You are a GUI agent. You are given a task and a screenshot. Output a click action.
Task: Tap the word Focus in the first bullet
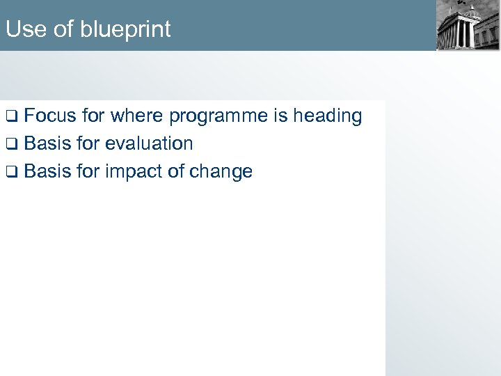(x=53, y=116)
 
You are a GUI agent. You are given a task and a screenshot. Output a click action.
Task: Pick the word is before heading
(x=280, y=116)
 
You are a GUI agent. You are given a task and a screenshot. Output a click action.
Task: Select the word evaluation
(x=149, y=143)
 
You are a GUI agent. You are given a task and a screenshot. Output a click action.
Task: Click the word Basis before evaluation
(x=47, y=143)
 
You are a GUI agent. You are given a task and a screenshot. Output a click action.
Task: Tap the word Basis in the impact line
(x=47, y=171)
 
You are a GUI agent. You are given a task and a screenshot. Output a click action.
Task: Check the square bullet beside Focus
(x=12, y=116)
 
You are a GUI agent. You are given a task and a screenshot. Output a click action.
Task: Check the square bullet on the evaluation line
(x=12, y=144)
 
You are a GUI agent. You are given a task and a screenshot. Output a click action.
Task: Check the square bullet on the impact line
(x=12, y=172)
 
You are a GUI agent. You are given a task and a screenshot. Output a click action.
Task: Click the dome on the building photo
(x=472, y=11)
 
